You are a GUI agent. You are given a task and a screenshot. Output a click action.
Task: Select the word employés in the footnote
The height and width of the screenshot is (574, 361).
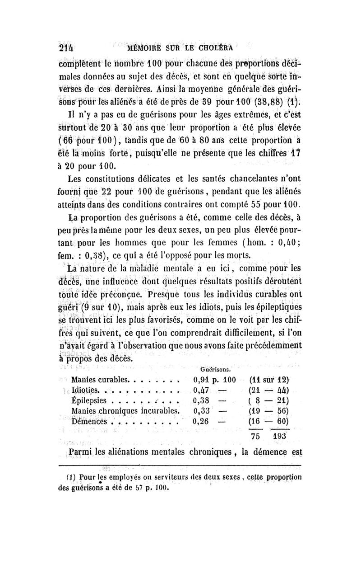(123, 477)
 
